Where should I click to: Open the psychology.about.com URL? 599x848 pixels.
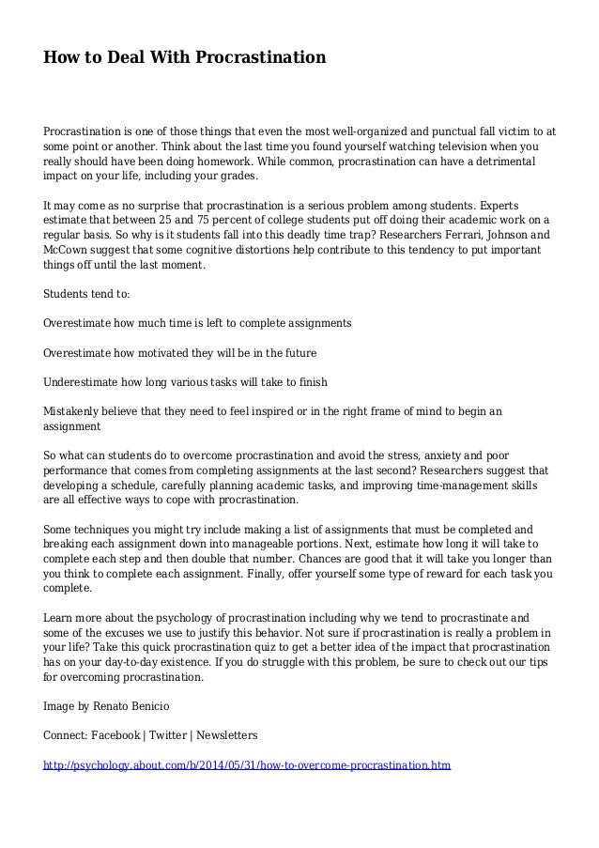pos(248,764)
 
